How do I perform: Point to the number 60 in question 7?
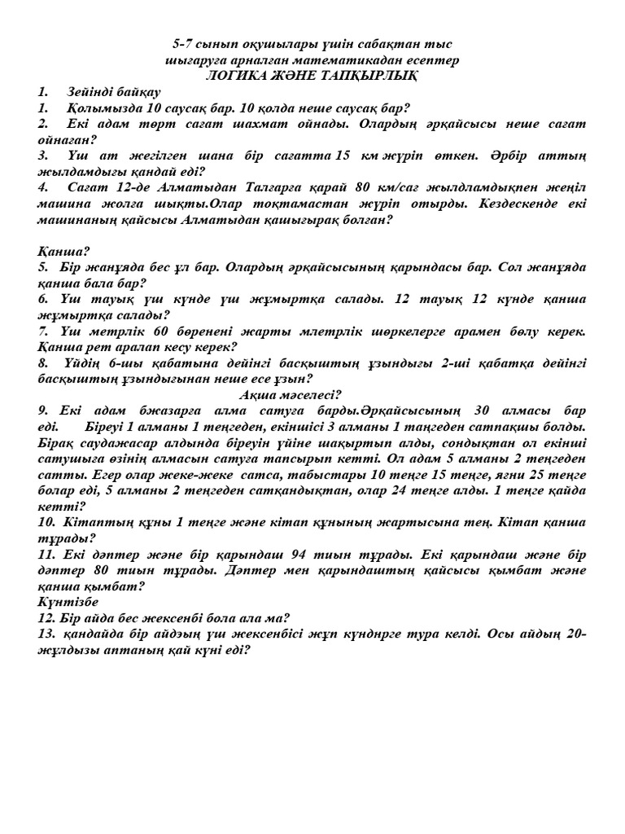point(163,331)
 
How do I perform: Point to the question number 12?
point(46,617)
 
